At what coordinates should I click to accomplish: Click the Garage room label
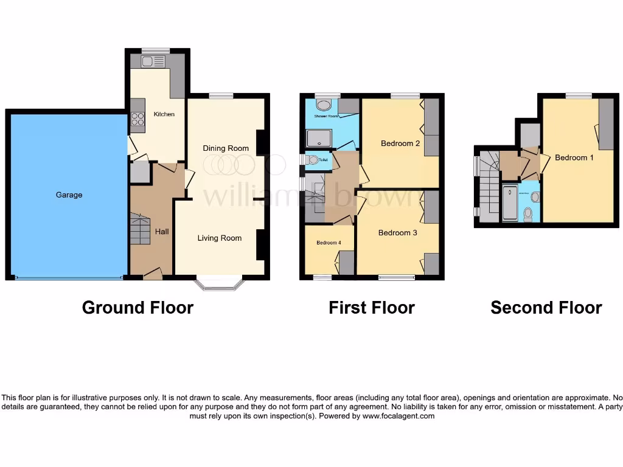point(69,195)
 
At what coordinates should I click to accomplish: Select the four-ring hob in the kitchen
point(137,119)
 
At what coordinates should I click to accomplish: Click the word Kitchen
point(164,114)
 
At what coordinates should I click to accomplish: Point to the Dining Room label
point(226,148)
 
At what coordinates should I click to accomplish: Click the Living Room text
point(219,238)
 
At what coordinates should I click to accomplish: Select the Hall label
point(162,232)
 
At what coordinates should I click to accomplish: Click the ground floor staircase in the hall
point(139,229)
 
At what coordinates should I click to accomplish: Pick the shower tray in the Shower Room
point(320,139)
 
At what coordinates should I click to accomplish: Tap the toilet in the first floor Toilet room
point(312,160)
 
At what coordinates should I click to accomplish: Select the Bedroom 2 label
point(400,144)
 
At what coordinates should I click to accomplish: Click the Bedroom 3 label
point(397,233)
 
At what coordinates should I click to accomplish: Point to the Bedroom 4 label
point(328,243)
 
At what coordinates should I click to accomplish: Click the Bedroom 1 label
point(574,158)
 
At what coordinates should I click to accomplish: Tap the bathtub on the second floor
point(510,203)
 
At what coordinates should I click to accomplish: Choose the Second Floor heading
point(546,308)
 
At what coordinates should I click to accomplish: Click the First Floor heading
point(371,308)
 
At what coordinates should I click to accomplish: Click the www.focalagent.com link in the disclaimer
point(399,417)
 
